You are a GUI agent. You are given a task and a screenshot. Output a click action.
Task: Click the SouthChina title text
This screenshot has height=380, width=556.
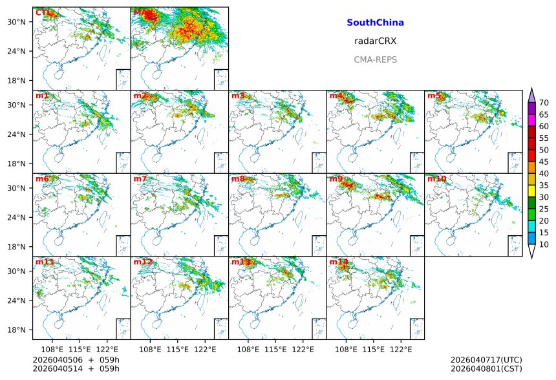click(375, 23)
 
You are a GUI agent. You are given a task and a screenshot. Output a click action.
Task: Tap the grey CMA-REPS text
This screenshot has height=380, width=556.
click(375, 59)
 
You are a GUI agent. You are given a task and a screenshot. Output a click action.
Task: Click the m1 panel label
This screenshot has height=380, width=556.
click(42, 96)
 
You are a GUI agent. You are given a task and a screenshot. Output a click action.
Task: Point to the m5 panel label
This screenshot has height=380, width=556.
click(434, 96)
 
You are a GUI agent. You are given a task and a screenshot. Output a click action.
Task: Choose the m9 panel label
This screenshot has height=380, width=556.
click(336, 179)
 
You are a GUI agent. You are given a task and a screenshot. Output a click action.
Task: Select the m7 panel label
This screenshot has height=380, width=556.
click(140, 179)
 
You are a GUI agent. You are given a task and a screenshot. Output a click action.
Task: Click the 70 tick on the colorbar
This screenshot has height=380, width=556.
click(544, 103)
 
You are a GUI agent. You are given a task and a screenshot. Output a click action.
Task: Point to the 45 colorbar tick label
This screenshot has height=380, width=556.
click(544, 162)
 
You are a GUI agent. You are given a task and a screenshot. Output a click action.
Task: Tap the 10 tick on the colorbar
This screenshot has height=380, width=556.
click(544, 244)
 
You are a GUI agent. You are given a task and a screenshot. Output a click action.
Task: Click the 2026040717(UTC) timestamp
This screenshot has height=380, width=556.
click(486, 359)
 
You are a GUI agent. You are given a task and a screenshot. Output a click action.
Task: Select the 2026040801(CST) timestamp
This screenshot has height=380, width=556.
click(486, 368)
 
